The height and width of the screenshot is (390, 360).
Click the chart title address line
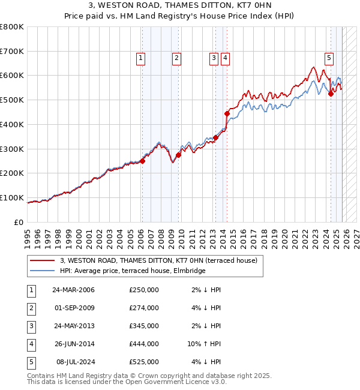(x=180, y=7)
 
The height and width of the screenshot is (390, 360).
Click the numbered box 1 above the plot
(x=140, y=58)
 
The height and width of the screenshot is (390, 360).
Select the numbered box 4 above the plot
(x=224, y=58)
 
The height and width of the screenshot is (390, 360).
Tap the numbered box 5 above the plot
(x=329, y=58)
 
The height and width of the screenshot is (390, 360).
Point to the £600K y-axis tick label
(x=12, y=76)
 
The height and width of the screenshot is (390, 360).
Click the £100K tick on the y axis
(x=12, y=197)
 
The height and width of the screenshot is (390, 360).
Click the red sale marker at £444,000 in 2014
(x=227, y=113)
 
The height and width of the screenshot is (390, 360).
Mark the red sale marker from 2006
(x=142, y=161)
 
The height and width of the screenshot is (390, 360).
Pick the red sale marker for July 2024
(x=331, y=93)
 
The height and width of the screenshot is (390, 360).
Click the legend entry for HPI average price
(x=133, y=271)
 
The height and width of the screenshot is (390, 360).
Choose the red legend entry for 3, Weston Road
(x=158, y=260)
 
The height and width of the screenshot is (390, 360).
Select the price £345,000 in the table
(x=144, y=326)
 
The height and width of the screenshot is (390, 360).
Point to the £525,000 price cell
(x=144, y=362)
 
